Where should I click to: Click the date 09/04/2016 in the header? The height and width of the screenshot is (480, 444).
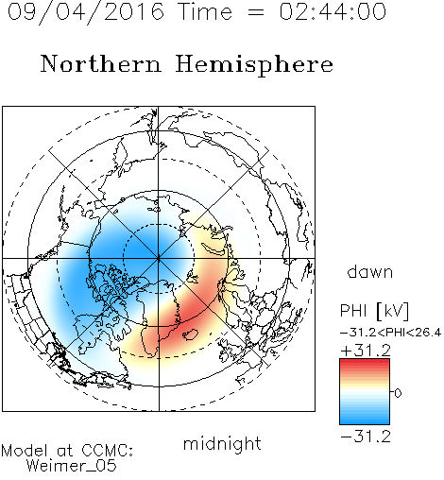coord(86,11)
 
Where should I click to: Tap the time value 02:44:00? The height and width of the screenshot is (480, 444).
coord(333,11)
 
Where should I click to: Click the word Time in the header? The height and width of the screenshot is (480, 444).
coord(205,11)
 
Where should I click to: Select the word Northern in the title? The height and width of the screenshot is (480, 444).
coord(101,63)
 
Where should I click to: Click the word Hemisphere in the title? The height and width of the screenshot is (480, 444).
coord(254,65)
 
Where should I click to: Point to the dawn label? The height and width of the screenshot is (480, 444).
coord(370,271)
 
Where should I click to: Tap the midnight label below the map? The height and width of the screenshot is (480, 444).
coord(222,443)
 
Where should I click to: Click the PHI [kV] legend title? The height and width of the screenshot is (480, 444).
coord(374,311)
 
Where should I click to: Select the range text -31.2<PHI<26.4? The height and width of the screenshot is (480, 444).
coord(390,333)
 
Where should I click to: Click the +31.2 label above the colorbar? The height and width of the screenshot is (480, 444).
coord(366,351)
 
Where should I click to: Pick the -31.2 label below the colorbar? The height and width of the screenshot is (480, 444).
coord(366,437)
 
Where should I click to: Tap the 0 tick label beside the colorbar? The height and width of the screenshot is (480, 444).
coord(398,393)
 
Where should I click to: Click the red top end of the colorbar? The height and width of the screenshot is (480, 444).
coord(365,361)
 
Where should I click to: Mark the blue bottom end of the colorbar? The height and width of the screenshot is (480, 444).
coord(365,422)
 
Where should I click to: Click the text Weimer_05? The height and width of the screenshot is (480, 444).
coord(72,466)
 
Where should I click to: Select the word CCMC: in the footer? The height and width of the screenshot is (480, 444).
coord(108,451)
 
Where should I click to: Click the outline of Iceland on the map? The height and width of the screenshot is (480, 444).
coord(190,334)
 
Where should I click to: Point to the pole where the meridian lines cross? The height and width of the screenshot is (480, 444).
coord(159,259)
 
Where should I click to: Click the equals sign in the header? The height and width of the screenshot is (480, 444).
coord(256,12)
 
